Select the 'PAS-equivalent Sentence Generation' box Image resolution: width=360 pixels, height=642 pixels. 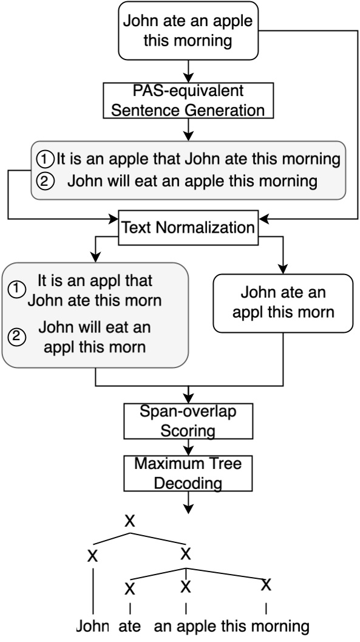click(189, 101)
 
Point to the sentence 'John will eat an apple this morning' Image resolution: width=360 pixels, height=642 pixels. click(194, 180)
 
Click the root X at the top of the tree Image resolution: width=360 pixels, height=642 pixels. click(129, 521)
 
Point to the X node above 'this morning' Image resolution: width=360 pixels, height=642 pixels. click(265, 585)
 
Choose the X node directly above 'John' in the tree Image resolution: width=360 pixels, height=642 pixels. click(92, 556)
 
